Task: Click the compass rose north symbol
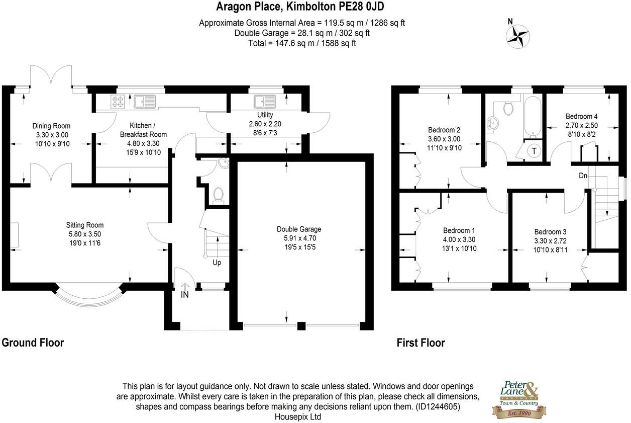point(517,35)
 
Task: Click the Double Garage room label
point(299,229)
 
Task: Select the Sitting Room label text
point(85,225)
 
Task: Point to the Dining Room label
point(51,126)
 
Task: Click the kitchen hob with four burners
point(118,102)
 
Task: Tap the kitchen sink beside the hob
point(145,102)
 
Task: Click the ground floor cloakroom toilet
point(218,194)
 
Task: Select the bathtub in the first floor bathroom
point(532,117)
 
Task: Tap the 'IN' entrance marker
point(185,295)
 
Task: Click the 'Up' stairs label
point(217,263)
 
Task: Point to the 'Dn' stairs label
point(583,176)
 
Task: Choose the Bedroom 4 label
point(581,116)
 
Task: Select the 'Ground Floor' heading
point(33,343)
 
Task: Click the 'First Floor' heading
point(420,343)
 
